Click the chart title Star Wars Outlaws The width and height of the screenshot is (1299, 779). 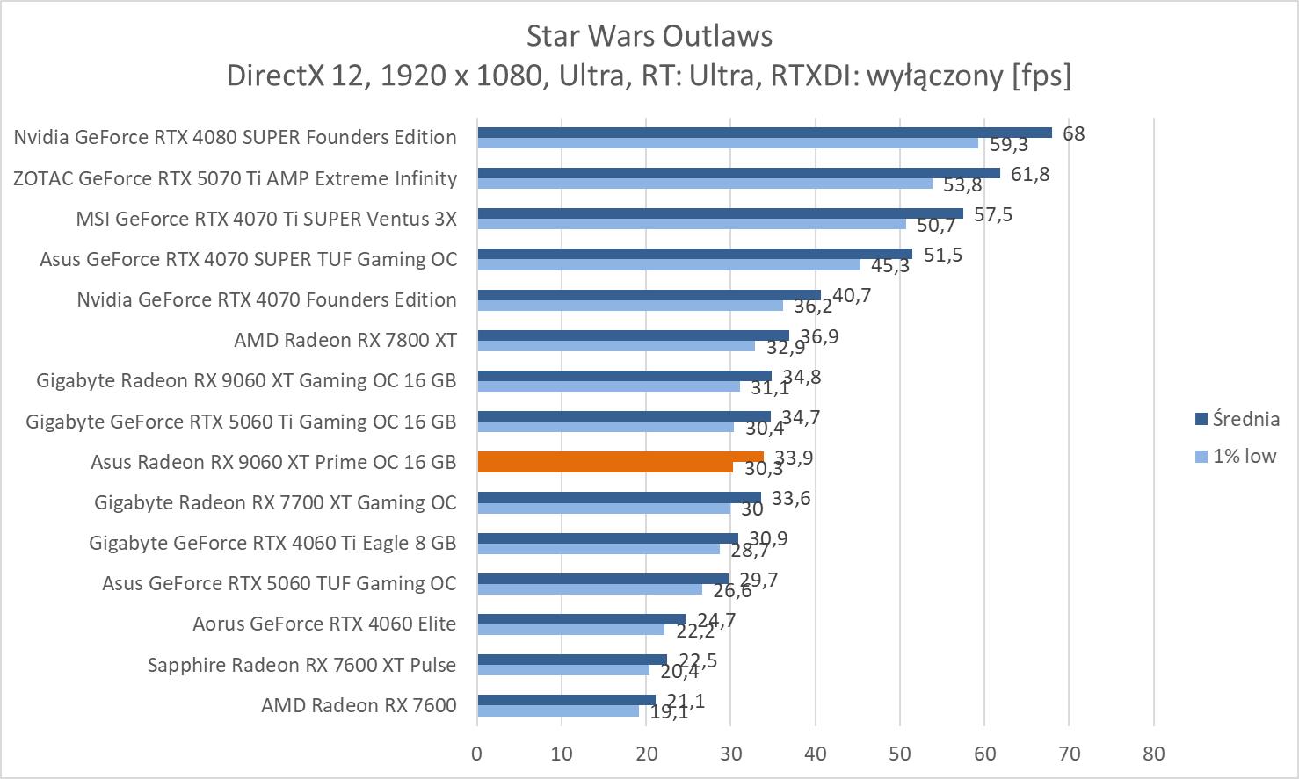coord(649,36)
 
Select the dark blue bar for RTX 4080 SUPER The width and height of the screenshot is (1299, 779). coord(765,133)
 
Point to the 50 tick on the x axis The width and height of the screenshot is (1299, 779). coord(900,754)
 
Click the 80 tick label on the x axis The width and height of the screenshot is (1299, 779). coord(1153,754)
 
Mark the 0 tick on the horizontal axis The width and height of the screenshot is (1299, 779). coord(477,754)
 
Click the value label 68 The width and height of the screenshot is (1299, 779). coord(1073,133)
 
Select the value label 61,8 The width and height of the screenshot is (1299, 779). coord(1029,174)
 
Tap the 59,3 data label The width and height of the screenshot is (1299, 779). coord(1009,145)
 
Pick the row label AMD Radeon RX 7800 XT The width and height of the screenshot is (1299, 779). coord(345,340)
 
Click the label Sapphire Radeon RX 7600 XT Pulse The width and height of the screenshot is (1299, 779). coord(301,665)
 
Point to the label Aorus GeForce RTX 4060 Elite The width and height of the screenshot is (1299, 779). coord(324,624)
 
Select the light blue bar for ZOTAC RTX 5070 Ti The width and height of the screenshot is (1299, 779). coord(705,184)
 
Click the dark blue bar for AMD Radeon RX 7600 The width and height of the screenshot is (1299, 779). coord(566,700)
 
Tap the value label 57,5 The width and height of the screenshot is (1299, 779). coord(992,214)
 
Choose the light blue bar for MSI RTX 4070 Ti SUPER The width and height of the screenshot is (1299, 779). coord(692,224)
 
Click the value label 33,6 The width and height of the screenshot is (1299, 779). coord(790,499)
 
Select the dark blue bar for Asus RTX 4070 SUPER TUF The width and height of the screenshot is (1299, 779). coord(694,254)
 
